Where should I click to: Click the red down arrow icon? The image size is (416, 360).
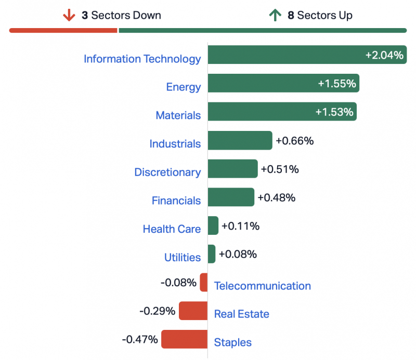[69, 15]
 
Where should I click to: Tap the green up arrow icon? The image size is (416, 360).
[275, 15]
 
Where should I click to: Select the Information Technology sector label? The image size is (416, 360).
[142, 59]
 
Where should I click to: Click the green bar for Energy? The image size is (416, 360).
[283, 83]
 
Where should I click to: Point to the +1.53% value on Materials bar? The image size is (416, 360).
[334, 112]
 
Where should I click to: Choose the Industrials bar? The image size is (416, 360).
[240, 140]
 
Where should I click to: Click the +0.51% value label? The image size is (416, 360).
[280, 169]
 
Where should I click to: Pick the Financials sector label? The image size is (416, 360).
[176, 201]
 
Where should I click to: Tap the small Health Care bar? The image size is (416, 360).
[213, 225]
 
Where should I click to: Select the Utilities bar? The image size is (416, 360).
[211, 254]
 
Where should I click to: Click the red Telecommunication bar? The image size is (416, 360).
[204, 283]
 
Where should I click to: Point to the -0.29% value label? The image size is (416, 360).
[157, 311]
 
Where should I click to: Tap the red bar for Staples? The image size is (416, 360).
[184, 339]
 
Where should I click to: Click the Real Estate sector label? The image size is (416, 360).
[241, 314]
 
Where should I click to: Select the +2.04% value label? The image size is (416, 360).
[384, 55]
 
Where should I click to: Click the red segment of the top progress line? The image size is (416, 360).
[63, 31]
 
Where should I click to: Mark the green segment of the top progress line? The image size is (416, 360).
[263, 31]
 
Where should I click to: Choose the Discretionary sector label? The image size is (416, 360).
[167, 172]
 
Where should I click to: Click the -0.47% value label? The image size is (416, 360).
[139, 339]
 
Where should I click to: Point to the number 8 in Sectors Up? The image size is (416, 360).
[291, 15]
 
